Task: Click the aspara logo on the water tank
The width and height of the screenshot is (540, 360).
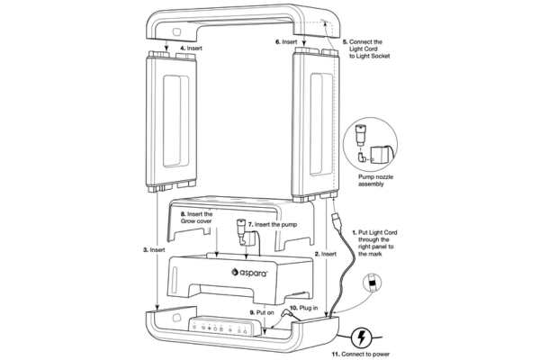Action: (x=249, y=273)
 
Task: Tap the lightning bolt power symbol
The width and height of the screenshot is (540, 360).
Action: (x=362, y=338)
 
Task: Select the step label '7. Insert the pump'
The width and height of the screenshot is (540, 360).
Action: (x=273, y=225)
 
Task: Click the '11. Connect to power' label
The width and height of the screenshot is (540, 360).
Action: (x=361, y=354)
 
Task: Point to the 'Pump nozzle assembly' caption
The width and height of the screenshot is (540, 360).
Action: (x=375, y=181)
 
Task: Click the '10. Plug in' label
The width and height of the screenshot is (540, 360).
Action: (x=304, y=308)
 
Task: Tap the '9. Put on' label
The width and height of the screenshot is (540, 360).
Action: (x=262, y=312)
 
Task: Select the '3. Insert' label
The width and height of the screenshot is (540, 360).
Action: (x=154, y=250)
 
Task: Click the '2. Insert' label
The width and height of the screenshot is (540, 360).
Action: (x=326, y=254)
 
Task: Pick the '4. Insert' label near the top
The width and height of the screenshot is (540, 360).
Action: (x=191, y=49)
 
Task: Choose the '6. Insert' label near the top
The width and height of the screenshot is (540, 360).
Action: (x=286, y=41)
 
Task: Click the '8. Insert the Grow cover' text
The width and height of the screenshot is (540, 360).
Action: (x=196, y=218)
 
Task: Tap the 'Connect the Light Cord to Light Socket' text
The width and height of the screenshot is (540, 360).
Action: (x=366, y=49)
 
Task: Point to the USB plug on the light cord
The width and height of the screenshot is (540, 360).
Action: (x=337, y=221)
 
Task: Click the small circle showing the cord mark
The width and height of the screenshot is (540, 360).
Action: (x=373, y=283)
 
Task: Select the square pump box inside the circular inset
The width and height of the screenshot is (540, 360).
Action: (x=381, y=156)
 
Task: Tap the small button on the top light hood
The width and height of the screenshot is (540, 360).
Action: (x=177, y=32)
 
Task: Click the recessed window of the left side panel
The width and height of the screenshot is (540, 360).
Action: (x=175, y=121)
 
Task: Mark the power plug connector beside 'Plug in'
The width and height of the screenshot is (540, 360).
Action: (x=286, y=314)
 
